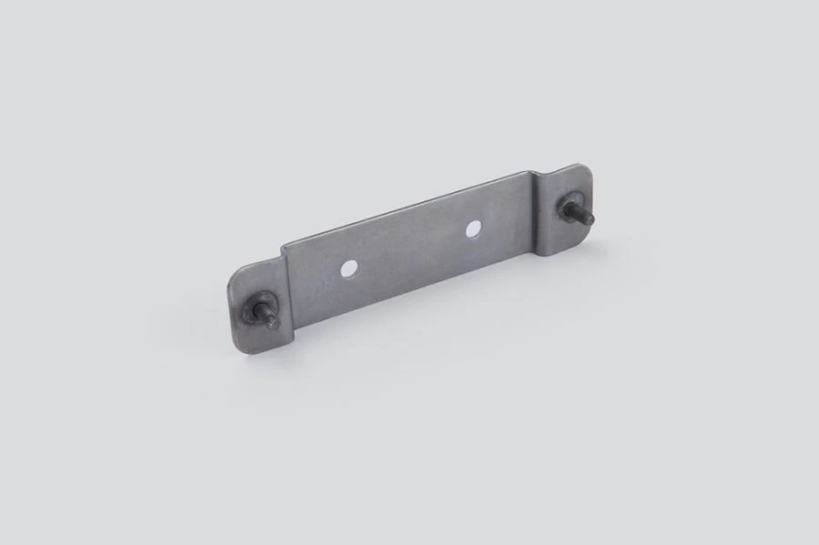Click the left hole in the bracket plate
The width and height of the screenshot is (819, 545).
tap(348, 269)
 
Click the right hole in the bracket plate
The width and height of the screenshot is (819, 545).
tap(473, 229)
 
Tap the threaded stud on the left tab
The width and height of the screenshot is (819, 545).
tap(266, 315)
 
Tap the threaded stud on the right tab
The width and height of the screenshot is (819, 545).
tap(579, 212)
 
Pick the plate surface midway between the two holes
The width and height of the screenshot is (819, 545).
tap(410, 249)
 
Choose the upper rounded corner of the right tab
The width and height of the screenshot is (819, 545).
tap(582, 169)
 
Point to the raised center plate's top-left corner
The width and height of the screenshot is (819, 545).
tap(283, 245)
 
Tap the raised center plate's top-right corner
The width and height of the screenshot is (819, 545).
tap(530, 172)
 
